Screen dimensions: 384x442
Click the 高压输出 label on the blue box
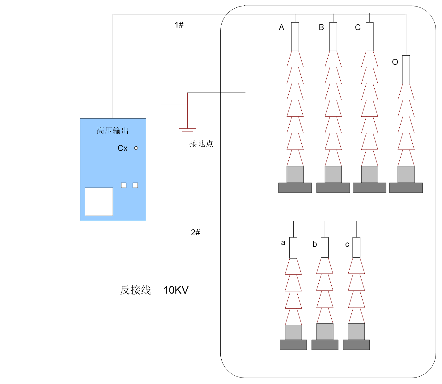click(x=113, y=131)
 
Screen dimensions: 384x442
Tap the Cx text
click(x=122, y=148)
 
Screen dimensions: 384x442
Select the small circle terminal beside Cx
click(x=136, y=148)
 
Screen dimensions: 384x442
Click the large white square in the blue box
click(x=99, y=202)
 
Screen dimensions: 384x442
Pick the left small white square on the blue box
click(x=124, y=185)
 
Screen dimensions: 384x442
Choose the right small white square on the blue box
click(x=135, y=185)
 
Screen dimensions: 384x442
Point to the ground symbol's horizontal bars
click(x=187, y=131)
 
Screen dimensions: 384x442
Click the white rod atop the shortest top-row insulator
click(x=406, y=69)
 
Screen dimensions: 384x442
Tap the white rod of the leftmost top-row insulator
click(x=295, y=36)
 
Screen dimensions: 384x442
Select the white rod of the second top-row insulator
click(x=333, y=36)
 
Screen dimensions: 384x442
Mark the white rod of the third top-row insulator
click(x=369, y=36)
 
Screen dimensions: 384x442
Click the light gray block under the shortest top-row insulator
click(x=406, y=174)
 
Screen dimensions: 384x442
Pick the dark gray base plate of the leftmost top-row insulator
click(x=295, y=188)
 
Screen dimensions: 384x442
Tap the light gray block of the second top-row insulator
click(x=333, y=174)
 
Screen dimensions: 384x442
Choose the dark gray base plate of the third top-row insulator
click(x=369, y=188)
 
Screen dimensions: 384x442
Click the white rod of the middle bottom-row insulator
click(x=325, y=247)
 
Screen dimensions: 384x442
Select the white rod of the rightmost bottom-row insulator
click(x=356, y=247)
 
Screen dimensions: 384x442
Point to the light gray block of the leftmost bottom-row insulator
click(x=293, y=332)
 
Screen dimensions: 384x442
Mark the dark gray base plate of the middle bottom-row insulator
click(x=325, y=345)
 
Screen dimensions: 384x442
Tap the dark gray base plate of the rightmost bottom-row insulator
click(x=356, y=345)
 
